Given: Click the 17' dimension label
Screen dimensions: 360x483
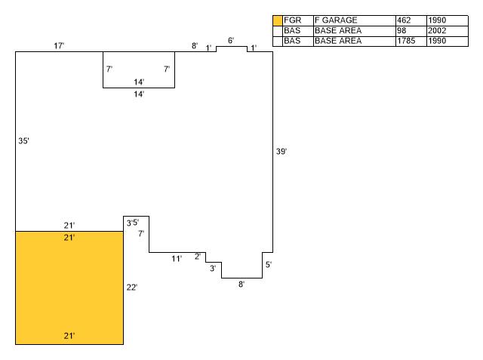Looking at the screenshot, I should click(x=59, y=47).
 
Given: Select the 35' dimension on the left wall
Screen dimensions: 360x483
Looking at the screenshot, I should click(x=23, y=141).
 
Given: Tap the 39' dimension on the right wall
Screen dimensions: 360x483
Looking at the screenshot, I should click(x=281, y=152).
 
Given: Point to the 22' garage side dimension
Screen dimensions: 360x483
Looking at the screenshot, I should click(x=131, y=288).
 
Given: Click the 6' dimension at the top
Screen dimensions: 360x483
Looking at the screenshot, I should click(x=231, y=40).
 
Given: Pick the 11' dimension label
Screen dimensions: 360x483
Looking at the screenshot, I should click(x=176, y=259).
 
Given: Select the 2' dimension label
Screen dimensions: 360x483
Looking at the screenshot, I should click(x=198, y=257).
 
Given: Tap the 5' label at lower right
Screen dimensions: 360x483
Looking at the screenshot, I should click(x=268, y=265).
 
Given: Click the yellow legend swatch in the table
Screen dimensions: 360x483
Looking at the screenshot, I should click(x=277, y=20).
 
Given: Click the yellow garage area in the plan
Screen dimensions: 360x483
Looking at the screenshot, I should click(x=69, y=287).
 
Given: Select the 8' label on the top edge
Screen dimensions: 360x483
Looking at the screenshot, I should click(x=194, y=46).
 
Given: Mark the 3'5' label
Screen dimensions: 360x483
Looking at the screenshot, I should click(x=133, y=223).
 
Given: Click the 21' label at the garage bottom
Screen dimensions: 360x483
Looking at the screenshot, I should click(x=69, y=336).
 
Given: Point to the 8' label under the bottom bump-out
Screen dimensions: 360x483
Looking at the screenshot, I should click(x=241, y=285).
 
